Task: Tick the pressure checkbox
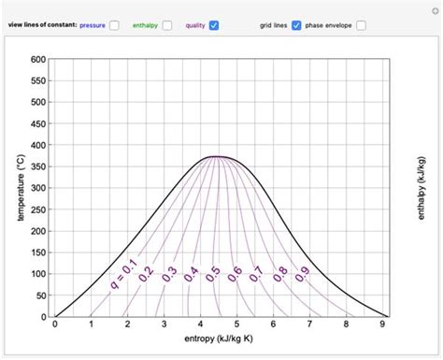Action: click(114, 25)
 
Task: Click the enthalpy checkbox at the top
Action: click(167, 25)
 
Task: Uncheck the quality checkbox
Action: click(214, 25)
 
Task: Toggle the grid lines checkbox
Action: click(296, 25)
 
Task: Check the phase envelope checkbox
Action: click(361, 25)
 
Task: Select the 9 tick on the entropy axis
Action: click(382, 324)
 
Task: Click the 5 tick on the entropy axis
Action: click(236, 324)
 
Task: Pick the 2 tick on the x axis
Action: click(128, 324)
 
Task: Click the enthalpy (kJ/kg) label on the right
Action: click(422, 187)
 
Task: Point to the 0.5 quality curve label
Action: click(214, 275)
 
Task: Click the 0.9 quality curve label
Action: click(302, 275)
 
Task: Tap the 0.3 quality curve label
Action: click(169, 275)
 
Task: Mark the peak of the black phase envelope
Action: click(218, 156)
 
